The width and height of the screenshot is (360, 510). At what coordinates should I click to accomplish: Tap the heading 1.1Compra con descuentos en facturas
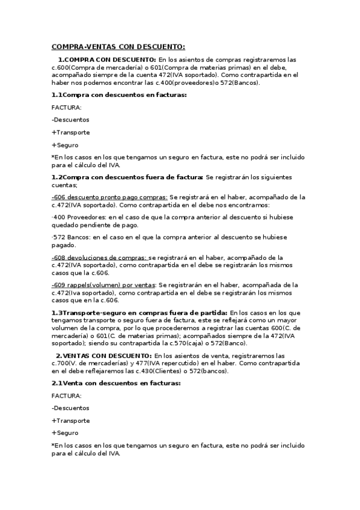point(119,95)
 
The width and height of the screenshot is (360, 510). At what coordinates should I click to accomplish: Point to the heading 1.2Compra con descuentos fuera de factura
point(127,177)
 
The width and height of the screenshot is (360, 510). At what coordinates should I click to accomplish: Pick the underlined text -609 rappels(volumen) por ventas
point(103,284)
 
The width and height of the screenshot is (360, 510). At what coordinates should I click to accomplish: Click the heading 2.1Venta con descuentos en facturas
point(116,383)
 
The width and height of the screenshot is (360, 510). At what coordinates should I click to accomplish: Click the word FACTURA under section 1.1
point(67,108)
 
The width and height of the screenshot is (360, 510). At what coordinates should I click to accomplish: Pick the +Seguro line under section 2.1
point(65,433)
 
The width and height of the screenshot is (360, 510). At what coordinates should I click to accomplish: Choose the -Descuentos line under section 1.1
point(71,120)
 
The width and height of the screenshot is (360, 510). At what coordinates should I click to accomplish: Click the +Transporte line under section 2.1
point(71,420)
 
